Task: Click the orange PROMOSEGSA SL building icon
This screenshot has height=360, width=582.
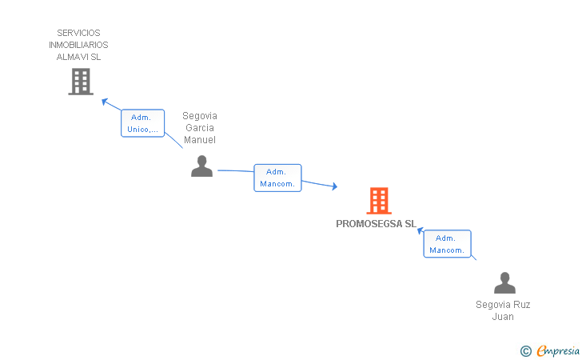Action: [379, 201]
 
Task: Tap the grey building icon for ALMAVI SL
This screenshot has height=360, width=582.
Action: [81, 82]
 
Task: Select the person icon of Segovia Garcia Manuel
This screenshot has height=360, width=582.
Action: [201, 166]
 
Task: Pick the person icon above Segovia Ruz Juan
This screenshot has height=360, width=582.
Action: [504, 282]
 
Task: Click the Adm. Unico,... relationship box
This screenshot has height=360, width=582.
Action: [142, 123]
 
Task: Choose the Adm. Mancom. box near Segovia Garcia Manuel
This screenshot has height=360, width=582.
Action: [277, 178]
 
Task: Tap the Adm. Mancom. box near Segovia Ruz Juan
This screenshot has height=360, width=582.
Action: [447, 244]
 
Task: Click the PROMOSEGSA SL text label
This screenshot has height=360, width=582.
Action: [376, 224]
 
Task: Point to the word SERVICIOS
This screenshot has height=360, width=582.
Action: [78, 33]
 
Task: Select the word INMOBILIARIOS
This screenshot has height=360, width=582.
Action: [78, 45]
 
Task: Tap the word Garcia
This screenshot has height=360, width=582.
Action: [200, 128]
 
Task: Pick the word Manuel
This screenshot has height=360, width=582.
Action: [200, 140]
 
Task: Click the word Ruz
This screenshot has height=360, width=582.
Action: [522, 305]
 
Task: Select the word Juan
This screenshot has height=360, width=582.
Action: [503, 317]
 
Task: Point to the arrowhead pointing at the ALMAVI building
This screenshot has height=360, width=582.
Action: [105, 102]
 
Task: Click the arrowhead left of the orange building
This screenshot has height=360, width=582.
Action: [334, 186]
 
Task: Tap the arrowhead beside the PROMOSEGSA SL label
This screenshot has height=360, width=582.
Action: [421, 230]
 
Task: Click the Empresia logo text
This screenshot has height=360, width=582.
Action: [558, 350]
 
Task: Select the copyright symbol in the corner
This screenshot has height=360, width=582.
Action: [526, 351]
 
